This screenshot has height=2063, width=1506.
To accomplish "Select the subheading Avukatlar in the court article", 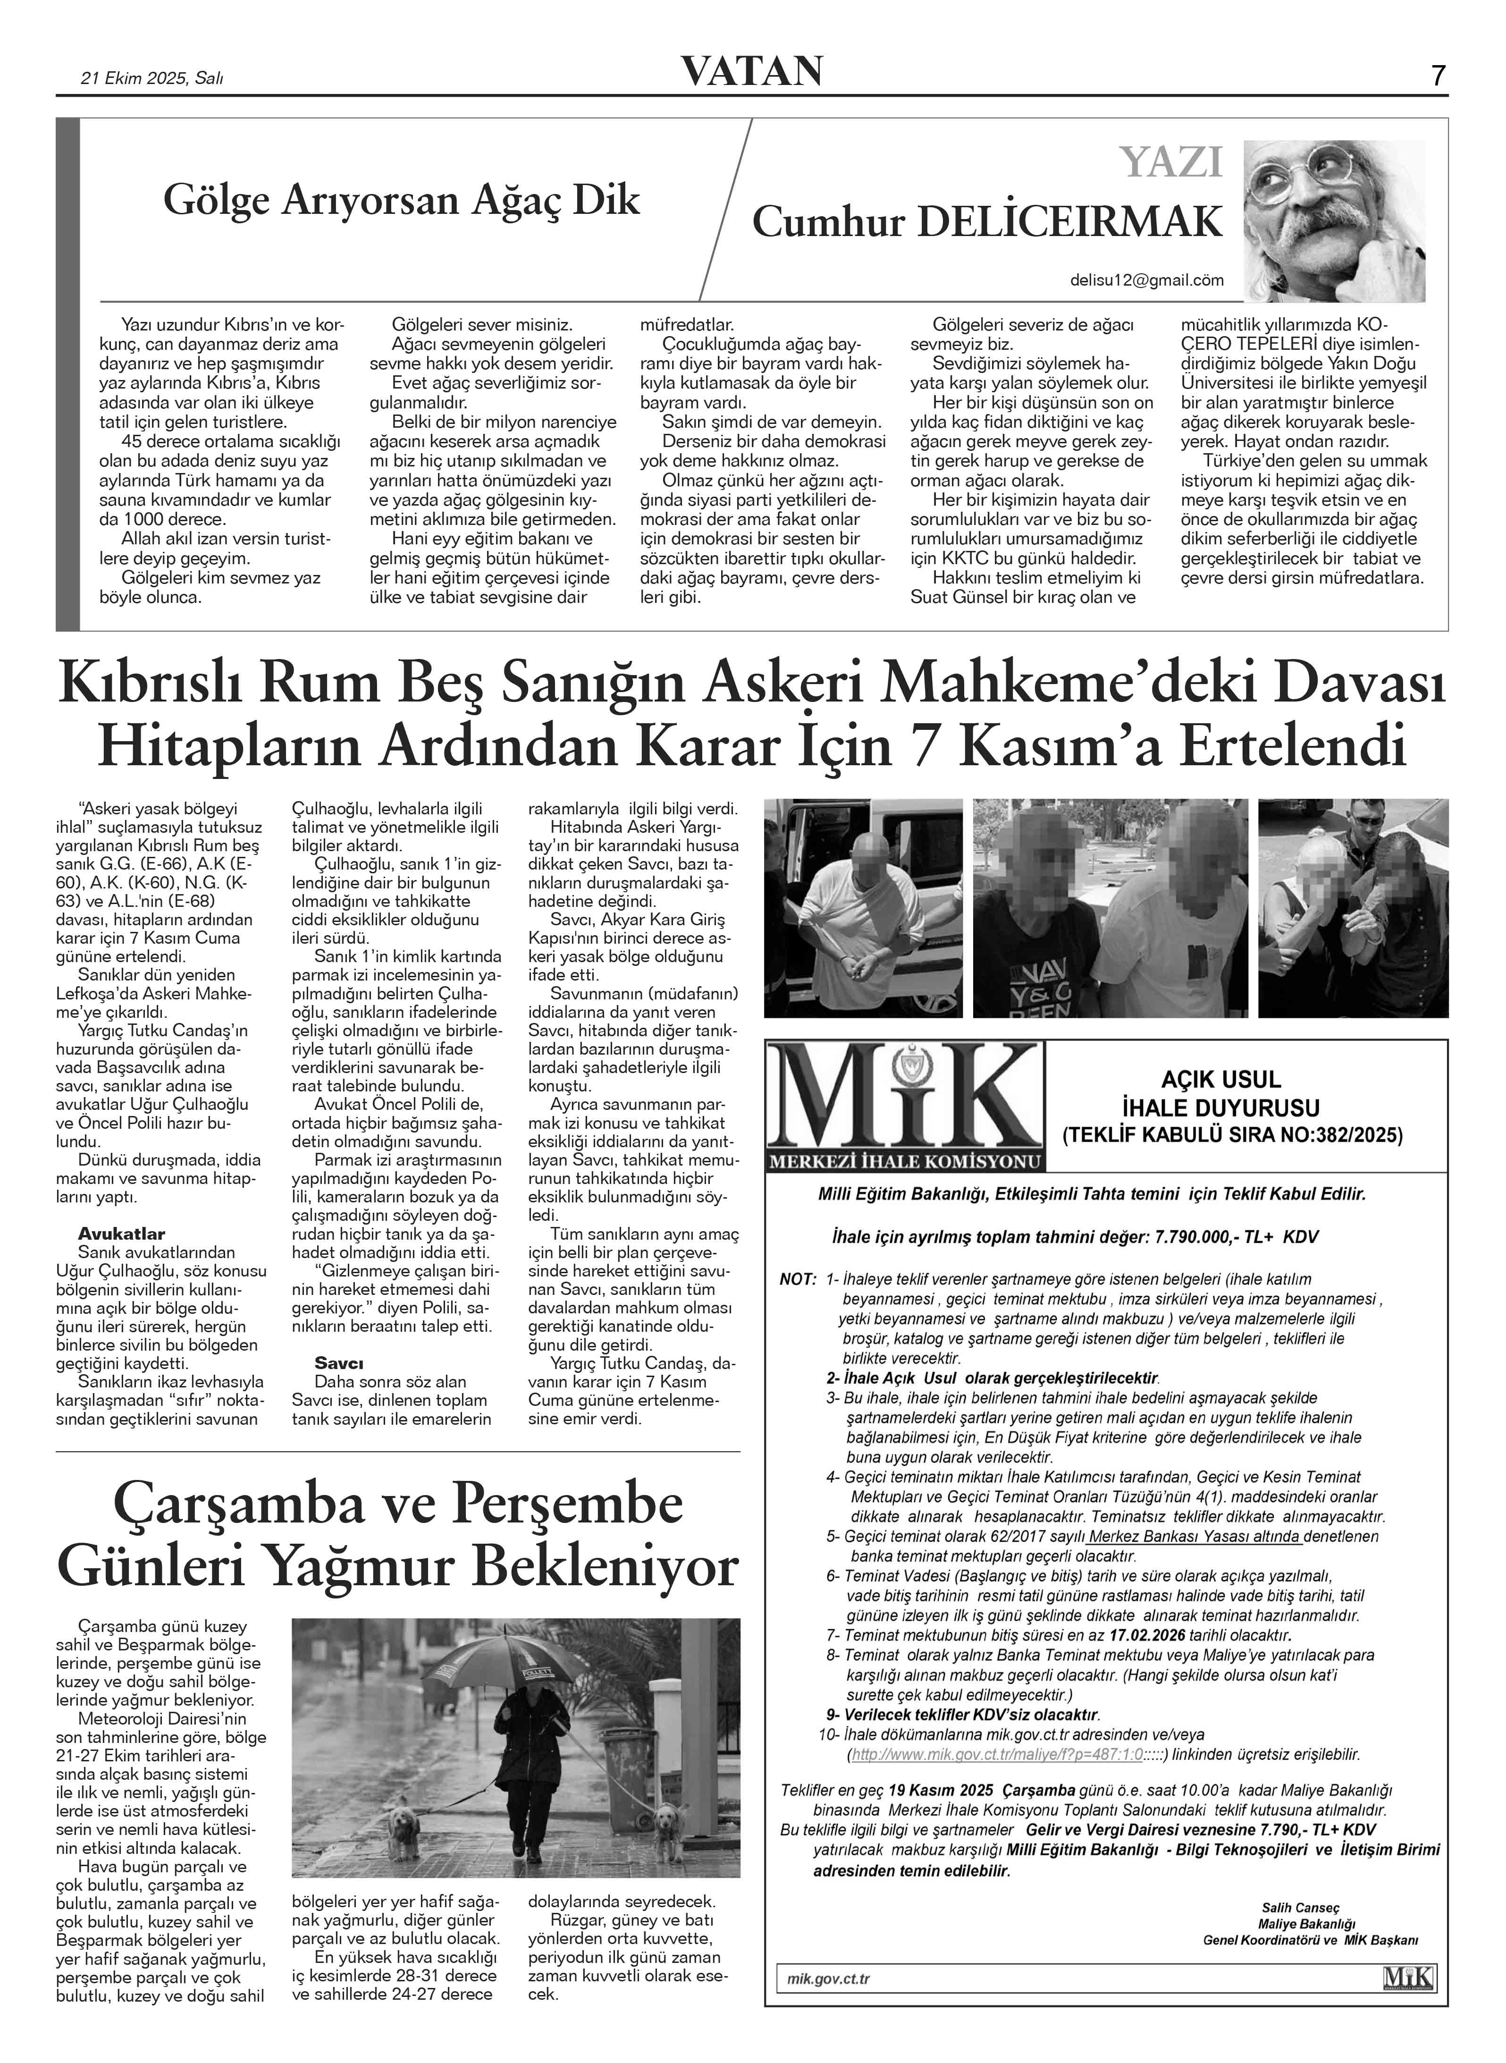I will point(121,1234).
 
